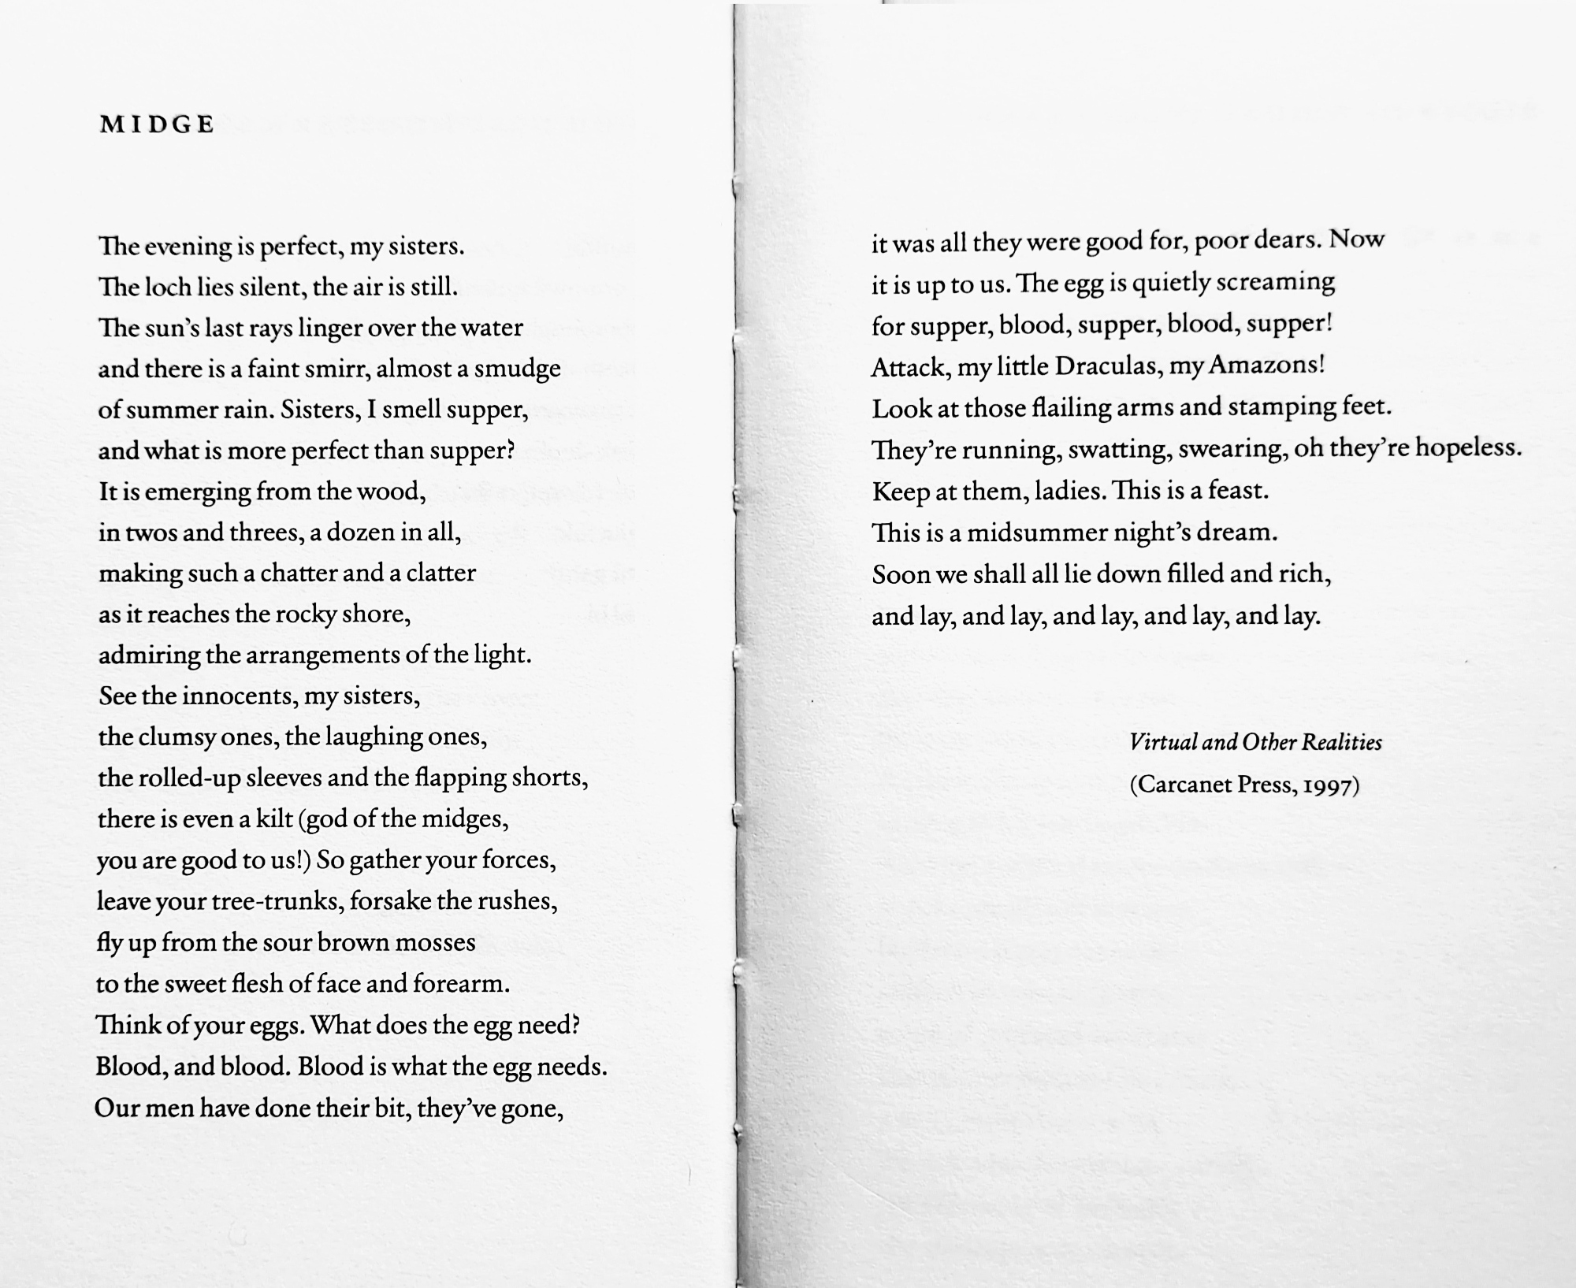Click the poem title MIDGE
[157, 124]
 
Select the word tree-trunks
[277, 900]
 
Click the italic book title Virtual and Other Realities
[1255, 742]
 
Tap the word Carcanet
[1179, 785]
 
